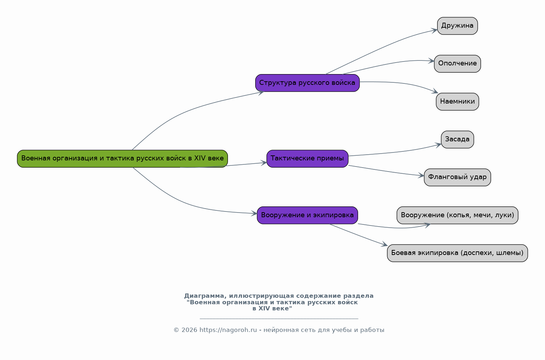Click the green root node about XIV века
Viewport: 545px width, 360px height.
(x=122, y=159)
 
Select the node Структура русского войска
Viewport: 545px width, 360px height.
(x=307, y=83)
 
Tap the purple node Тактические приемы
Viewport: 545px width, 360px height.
(x=307, y=159)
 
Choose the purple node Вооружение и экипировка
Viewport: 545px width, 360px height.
(x=307, y=215)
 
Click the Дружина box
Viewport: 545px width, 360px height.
(x=457, y=26)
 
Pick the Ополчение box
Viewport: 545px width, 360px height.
(x=457, y=64)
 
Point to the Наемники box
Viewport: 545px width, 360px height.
(x=457, y=101)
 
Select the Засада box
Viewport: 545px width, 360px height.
(x=457, y=140)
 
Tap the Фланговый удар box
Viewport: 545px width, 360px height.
(x=457, y=177)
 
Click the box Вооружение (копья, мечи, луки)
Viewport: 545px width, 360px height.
(x=457, y=215)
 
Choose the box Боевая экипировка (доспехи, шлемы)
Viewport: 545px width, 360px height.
(x=457, y=253)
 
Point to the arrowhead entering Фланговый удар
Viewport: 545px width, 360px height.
(x=421, y=176)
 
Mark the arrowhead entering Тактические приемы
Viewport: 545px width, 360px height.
(x=264, y=163)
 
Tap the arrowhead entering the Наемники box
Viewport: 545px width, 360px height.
(x=435, y=91)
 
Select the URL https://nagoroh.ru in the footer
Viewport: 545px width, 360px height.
(x=228, y=330)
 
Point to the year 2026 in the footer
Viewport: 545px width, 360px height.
(x=189, y=330)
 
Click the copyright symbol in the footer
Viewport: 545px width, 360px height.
(x=177, y=330)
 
